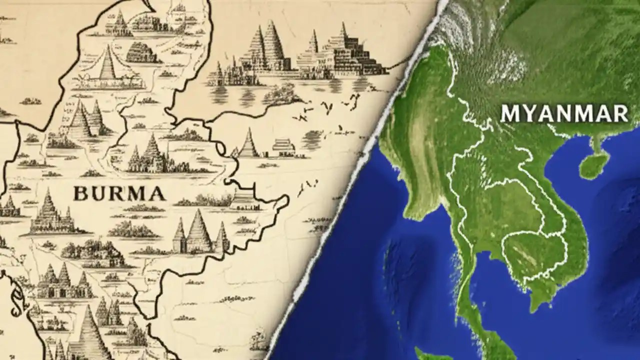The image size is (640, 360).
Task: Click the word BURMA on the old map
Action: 119,193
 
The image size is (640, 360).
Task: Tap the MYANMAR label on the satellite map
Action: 564,113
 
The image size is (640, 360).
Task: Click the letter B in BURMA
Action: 81,193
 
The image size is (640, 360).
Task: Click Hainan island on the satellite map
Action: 595,163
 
